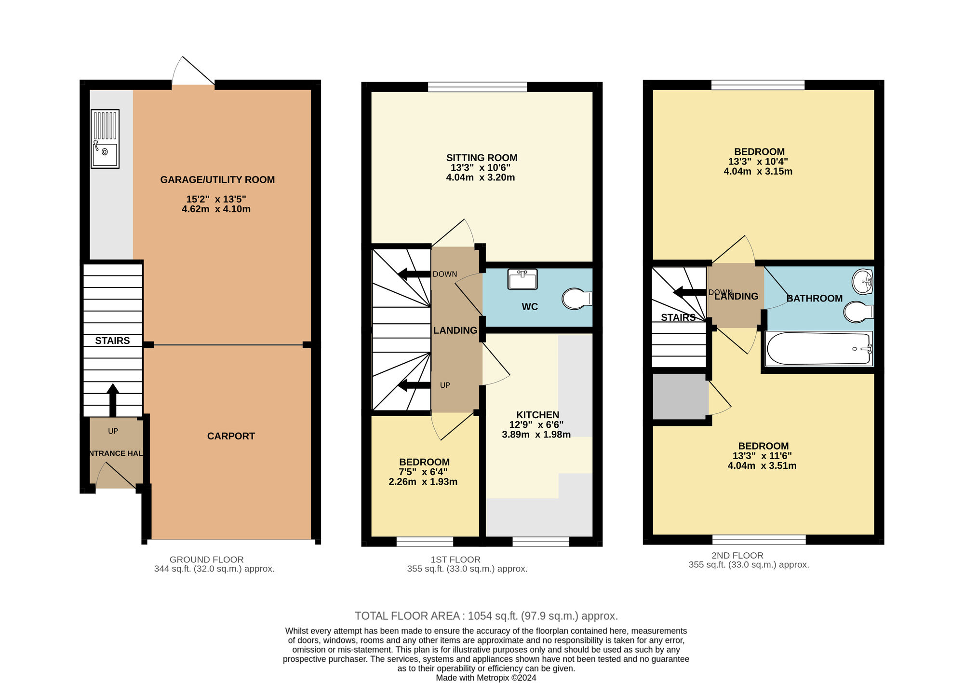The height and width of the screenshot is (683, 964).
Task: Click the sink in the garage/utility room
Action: coord(105,139)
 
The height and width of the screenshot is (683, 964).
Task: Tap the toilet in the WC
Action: coord(577,299)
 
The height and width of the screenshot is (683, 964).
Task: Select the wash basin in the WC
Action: coord(522,279)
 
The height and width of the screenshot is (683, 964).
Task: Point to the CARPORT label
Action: coord(231,436)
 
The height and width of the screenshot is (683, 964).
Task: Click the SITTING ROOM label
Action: coord(482,158)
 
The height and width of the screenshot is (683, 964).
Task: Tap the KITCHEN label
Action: coord(537,415)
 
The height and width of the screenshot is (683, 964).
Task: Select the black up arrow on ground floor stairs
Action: coord(113,400)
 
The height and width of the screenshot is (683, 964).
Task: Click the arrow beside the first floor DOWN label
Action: coord(414,274)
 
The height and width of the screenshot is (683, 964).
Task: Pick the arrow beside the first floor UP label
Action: coord(414,385)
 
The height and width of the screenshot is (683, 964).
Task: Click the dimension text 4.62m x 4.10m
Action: coord(216,209)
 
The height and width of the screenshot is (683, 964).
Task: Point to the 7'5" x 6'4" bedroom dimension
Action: coord(423,472)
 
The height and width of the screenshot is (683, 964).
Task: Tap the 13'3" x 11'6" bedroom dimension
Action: coord(762,456)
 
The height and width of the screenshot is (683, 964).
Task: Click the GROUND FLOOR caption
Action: coord(206,560)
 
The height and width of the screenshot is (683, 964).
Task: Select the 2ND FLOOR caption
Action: coord(737,555)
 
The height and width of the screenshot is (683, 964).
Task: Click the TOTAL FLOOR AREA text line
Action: coord(486,616)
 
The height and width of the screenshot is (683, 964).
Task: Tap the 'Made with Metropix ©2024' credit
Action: coord(486,678)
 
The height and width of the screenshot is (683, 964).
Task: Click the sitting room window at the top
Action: coord(477,87)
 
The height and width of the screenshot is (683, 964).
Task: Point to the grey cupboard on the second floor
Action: coord(680,396)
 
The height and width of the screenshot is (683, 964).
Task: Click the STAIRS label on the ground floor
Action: coord(112,341)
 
